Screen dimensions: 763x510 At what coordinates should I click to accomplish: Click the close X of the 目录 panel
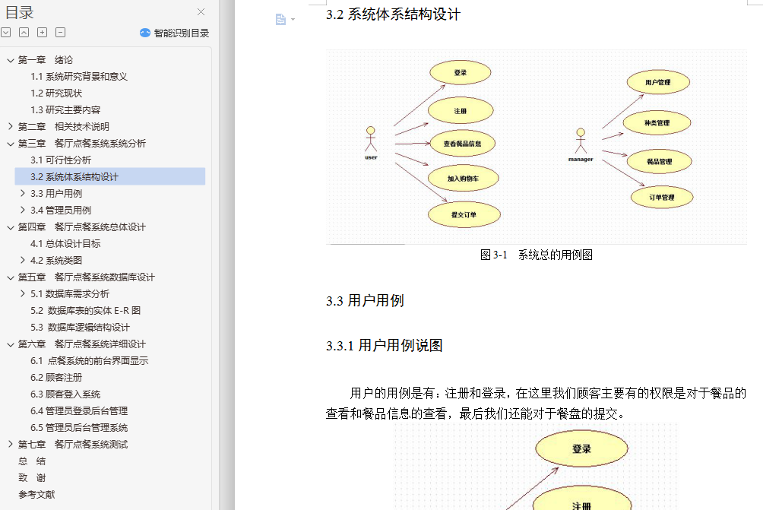pos(201,11)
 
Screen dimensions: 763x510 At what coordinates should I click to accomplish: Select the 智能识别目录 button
pos(174,33)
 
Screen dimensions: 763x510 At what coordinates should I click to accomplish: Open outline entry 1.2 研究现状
pos(56,93)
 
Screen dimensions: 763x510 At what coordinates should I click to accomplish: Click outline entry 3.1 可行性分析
pos(60,160)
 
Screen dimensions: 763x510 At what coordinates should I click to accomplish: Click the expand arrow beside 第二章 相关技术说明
pos(10,126)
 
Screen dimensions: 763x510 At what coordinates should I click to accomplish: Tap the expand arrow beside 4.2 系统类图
pos(22,260)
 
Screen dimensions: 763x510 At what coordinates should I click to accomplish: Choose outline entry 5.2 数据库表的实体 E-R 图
pos(85,310)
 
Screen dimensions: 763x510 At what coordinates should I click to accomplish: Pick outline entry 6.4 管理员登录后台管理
pos(79,410)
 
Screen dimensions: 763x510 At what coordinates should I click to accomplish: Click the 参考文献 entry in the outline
pos(36,495)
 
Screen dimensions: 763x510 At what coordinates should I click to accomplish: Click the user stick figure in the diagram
pos(371,139)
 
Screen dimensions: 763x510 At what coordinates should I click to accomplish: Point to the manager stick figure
pos(581,141)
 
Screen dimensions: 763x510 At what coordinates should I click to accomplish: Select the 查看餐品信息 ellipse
pos(462,144)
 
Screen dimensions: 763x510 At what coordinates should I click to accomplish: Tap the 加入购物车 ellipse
pos(464,179)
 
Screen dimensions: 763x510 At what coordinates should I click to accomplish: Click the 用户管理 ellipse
pos(658,82)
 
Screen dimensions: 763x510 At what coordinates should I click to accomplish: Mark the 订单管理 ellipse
pos(662,197)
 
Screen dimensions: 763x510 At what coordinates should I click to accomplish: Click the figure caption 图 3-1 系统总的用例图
pos(537,255)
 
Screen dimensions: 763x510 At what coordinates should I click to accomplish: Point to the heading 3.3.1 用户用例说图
pos(385,346)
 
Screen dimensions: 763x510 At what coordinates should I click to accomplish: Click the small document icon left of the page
pos(280,20)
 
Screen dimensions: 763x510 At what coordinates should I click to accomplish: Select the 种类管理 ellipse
pos(657,123)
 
